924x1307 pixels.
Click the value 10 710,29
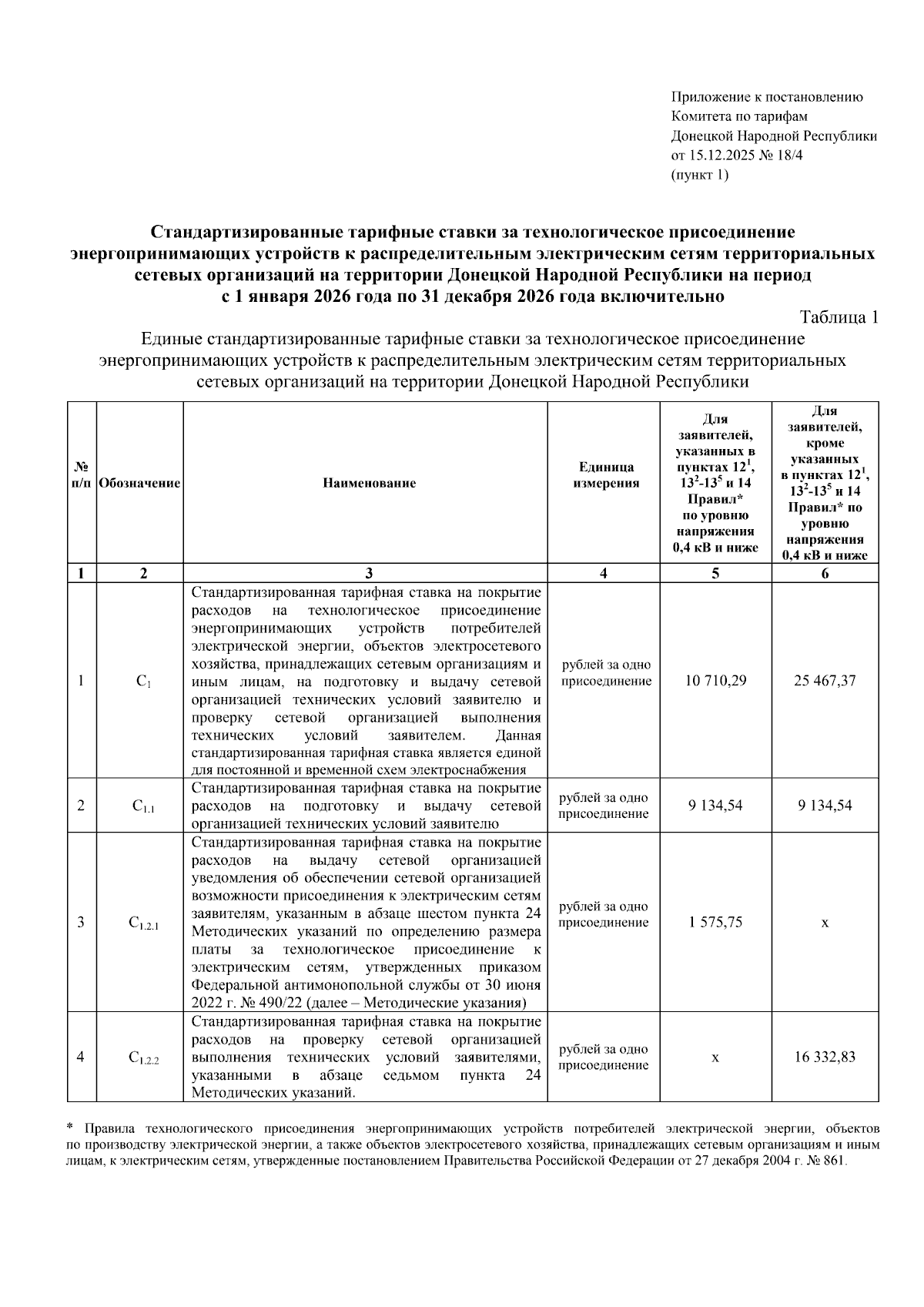point(715,681)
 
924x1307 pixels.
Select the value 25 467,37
point(825,681)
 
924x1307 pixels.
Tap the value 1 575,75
point(715,922)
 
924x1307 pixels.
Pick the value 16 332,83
point(825,1057)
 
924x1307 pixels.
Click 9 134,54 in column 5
point(715,806)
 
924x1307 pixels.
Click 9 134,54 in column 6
point(825,806)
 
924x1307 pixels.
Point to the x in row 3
point(825,923)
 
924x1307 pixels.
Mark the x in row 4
point(715,1058)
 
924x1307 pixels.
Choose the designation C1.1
point(143,806)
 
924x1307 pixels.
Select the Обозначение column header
point(139,484)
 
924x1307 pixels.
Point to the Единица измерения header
point(603,475)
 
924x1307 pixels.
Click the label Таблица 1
point(839,318)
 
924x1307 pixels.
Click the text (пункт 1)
point(700,175)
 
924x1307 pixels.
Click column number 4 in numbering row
point(603,573)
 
